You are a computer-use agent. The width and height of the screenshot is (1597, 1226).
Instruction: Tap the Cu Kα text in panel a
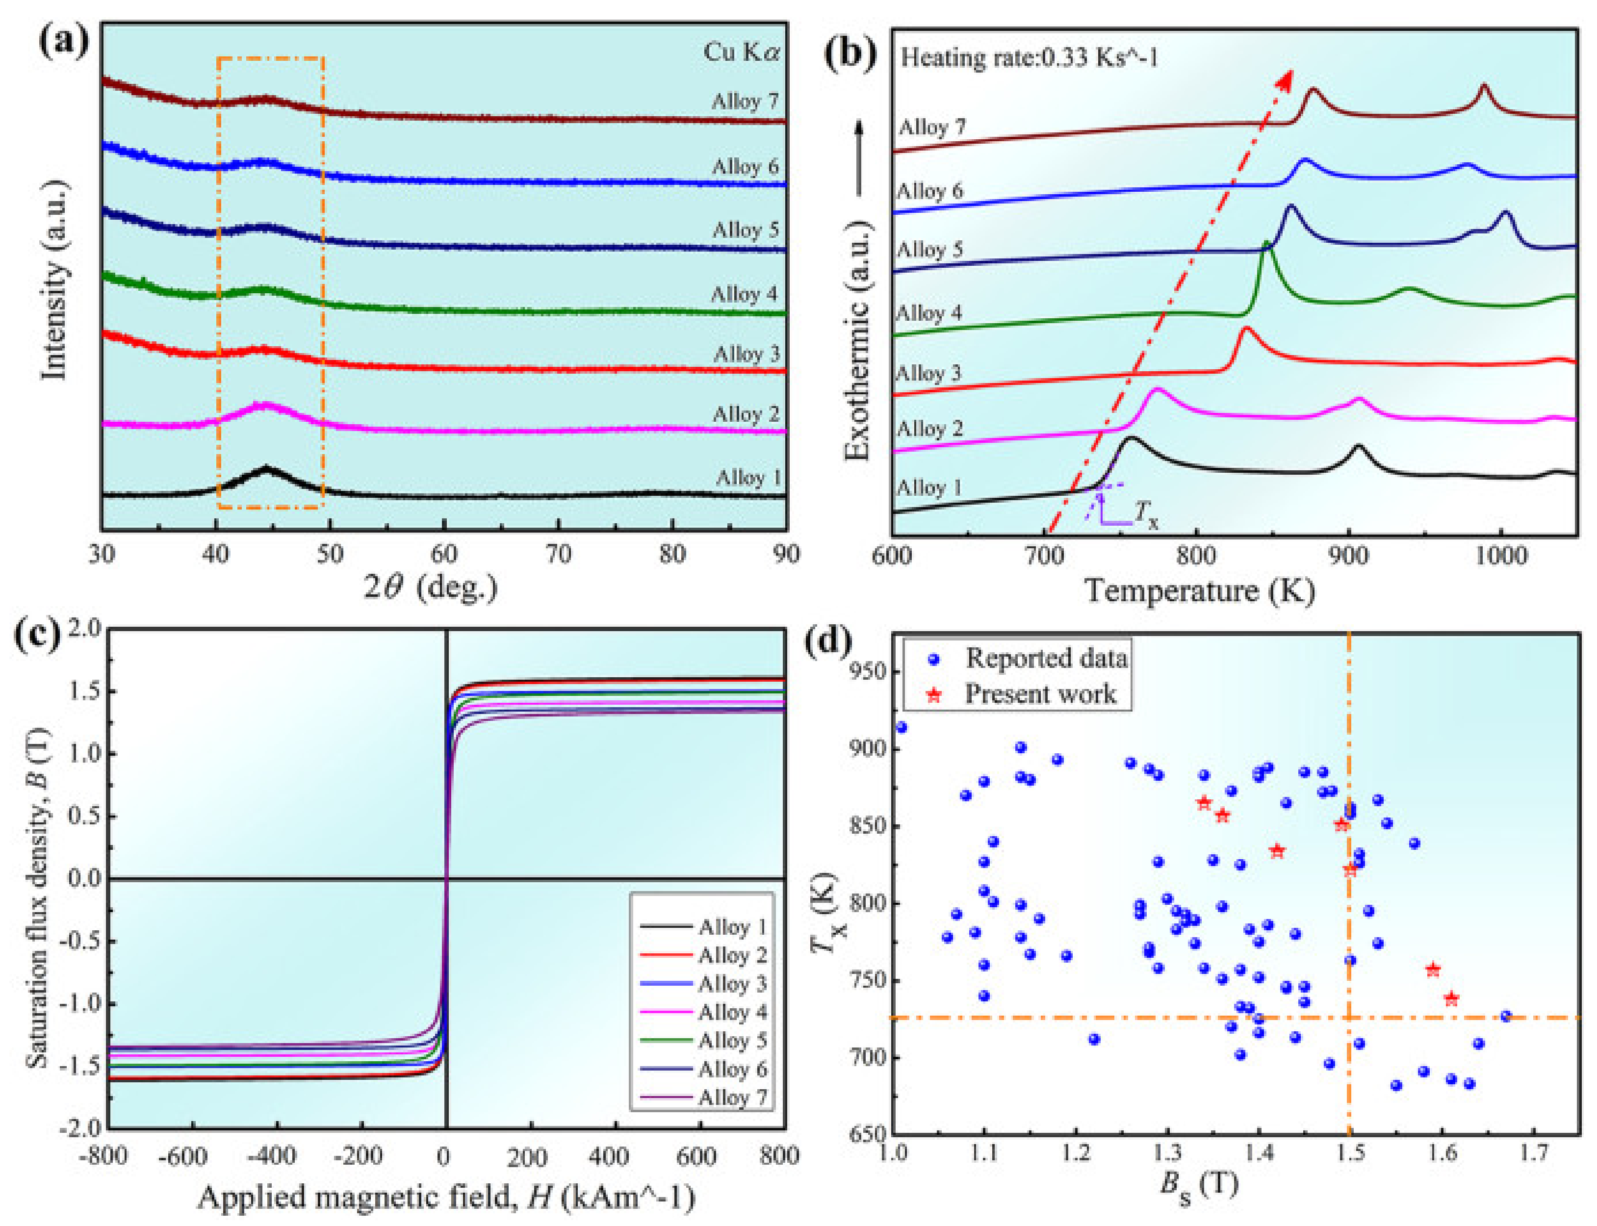click(x=740, y=52)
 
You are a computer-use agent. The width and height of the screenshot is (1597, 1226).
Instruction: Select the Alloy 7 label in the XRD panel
click(x=745, y=102)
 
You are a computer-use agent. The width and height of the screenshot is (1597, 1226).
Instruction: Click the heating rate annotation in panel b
click(x=1029, y=57)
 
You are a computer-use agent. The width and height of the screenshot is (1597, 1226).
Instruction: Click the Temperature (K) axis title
click(x=1200, y=589)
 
